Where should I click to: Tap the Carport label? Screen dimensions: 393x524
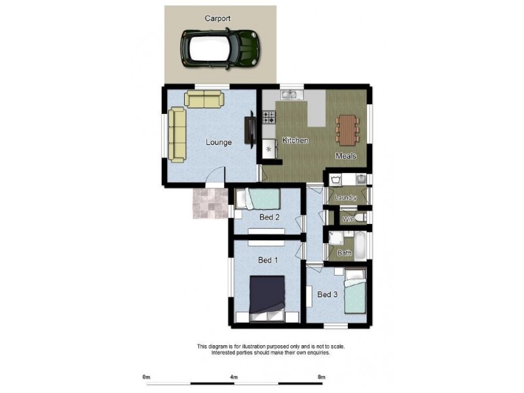tap(217, 18)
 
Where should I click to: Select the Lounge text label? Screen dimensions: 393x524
tap(218, 142)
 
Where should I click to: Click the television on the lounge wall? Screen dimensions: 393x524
tap(250, 129)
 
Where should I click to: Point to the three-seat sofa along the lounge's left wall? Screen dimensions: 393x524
tap(177, 135)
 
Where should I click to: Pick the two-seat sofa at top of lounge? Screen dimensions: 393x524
tap(204, 99)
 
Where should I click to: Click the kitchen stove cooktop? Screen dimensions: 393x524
tap(269, 118)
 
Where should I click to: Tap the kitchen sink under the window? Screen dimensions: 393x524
tap(290, 96)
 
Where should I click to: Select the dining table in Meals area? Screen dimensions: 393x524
tap(346, 130)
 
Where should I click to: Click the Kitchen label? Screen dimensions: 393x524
tap(295, 141)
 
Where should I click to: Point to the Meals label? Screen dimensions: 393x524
tap(346, 156)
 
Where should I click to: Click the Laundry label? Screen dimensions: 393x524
tap(345, 198)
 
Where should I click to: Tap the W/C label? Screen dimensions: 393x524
tap(348, 219)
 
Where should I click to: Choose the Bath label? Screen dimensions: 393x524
tap(344, 253)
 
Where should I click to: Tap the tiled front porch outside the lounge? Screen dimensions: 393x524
tap(209, 203)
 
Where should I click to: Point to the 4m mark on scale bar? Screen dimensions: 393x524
tap(234, 377)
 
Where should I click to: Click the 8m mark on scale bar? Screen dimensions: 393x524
tap(321, 377)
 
